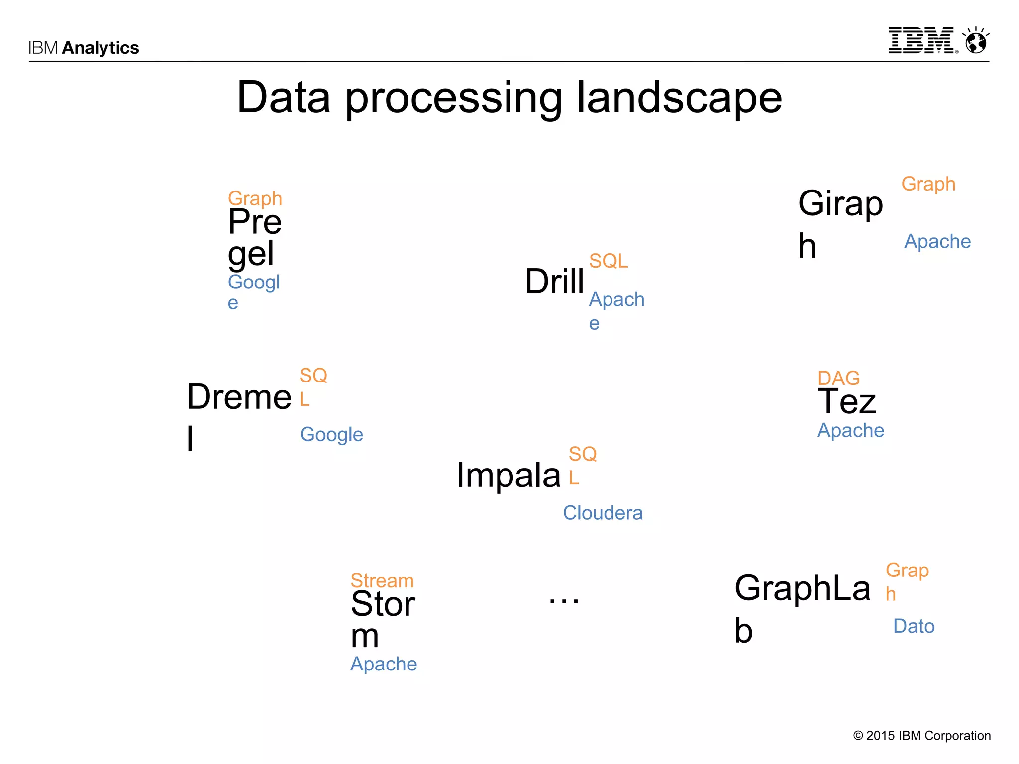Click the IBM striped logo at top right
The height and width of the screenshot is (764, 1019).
921,41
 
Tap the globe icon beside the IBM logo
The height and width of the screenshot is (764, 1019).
976,41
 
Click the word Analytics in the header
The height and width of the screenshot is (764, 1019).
101,48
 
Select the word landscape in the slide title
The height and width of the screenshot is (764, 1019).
679,98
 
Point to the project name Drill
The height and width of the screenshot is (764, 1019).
554,282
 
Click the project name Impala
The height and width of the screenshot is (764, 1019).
509,475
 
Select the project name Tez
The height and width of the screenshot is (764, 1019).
847,401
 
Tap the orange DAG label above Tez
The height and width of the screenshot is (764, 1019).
838,378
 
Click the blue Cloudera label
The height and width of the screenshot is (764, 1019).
603,513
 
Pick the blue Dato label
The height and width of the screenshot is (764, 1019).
914,626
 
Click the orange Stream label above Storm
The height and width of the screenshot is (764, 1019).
382,580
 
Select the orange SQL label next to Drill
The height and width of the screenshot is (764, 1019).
608,261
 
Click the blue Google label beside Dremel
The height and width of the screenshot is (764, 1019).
331,435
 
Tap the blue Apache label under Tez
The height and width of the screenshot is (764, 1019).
850,430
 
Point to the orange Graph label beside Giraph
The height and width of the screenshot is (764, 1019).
928,184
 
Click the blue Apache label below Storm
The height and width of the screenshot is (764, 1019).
383,664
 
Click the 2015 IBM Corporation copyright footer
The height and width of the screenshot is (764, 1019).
921,736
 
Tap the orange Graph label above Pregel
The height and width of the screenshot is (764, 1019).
255,198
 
